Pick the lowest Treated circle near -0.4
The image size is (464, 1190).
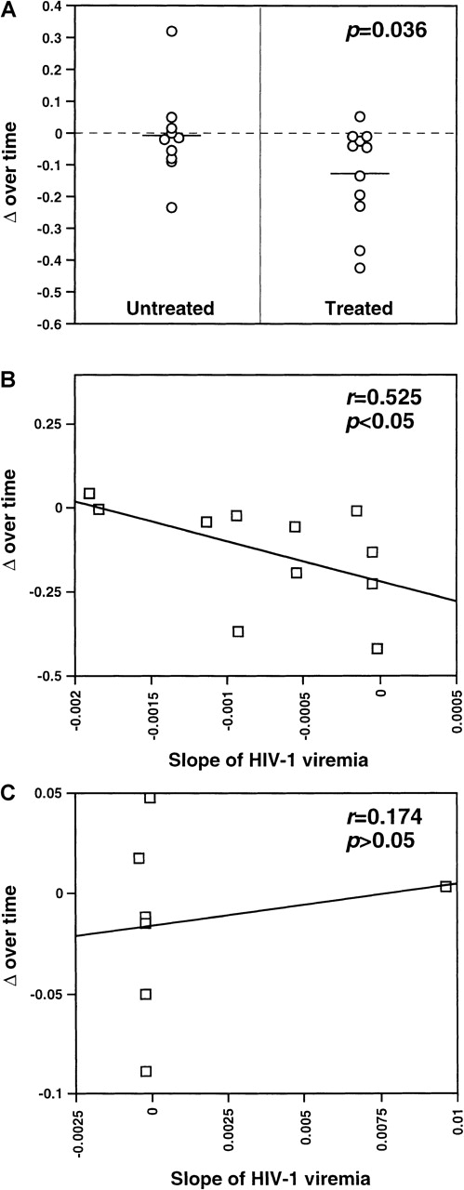[360, 268]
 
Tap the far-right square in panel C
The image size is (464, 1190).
[445, 887]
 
